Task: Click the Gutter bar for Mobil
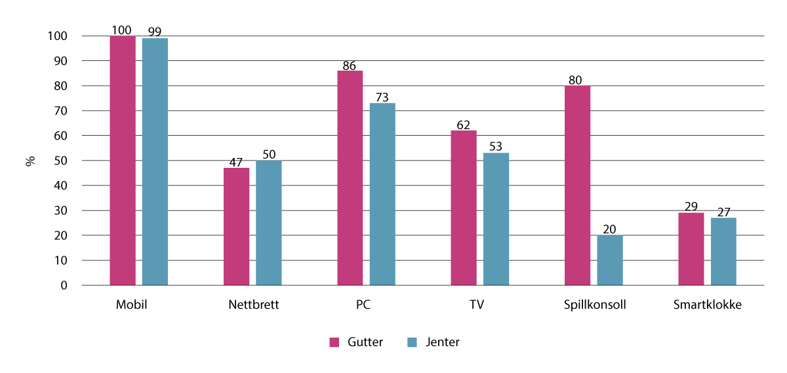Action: pos(123,161)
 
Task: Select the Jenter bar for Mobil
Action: pos(155,162)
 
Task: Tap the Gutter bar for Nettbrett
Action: pos(236,227)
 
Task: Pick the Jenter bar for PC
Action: pos(382,194)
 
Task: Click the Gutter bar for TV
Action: pos(464,208)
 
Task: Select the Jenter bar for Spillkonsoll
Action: pos(610,260)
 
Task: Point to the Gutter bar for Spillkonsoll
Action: pos(577,186)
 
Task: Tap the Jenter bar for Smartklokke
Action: pos(723,252)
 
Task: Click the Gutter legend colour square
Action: pos(334,342)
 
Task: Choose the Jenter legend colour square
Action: pos(413,342)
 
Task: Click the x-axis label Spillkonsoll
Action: pos(594,305)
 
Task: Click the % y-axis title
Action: pos(30,161)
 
